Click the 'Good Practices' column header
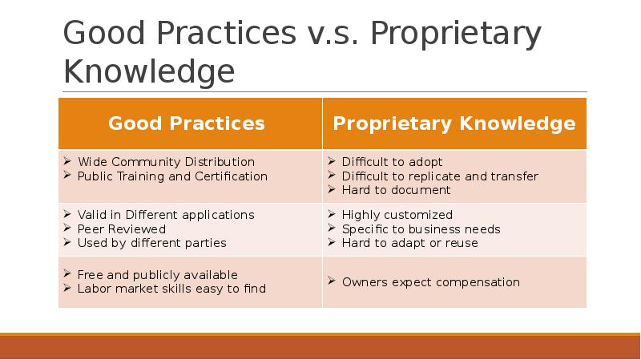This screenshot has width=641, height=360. (x=187, y=123)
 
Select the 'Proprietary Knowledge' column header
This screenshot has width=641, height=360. (x=454, y=123)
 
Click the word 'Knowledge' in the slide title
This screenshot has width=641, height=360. (x=149, y=71)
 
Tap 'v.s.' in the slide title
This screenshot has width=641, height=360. (x=333, y=33)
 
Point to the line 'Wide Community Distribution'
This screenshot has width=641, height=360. (x=166, y=162)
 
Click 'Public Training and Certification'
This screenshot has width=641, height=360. (x=172, y=176)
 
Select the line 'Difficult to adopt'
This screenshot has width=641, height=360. (x=392, y=162)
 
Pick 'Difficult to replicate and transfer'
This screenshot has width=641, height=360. (x=440, y=176)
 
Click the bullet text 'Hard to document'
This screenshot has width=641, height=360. (x=396, y=190)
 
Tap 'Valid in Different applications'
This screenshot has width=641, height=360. (x=166, y=215)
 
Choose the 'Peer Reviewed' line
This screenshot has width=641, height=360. (x=122, y=229)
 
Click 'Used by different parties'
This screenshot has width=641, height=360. (x=151, y=243)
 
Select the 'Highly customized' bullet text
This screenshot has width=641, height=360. (x=397, y=215)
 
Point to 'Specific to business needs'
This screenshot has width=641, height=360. (x=421, y=229)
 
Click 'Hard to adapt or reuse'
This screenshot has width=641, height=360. (x=410, y=243)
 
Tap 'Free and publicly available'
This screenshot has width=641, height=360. (x=157, y=274)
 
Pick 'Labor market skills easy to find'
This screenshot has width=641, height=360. (x=171, y=289)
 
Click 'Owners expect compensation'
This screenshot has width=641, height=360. (x=431, y=282)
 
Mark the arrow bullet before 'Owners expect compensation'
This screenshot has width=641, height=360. (x=332, y=281)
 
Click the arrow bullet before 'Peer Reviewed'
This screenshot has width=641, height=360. (x=67, y=228)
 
